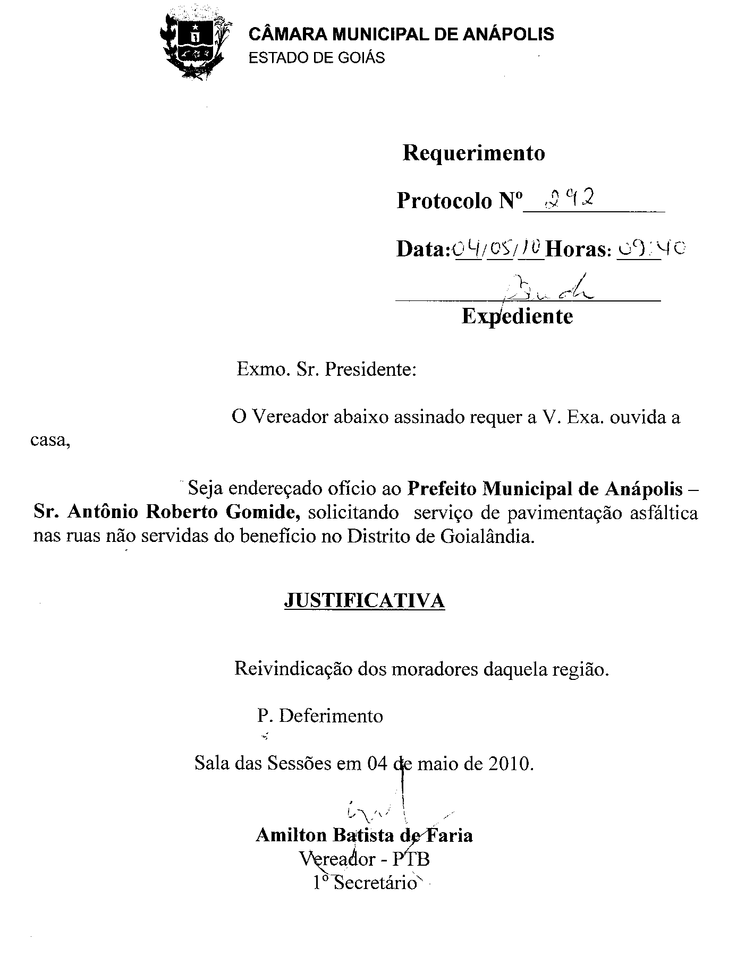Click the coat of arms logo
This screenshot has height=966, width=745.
tap(194, 46)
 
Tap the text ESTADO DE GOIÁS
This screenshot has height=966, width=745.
tap(317, 57)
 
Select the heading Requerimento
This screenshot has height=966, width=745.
tap(473, 153)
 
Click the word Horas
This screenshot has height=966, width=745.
tap(578, 249)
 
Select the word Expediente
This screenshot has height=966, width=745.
tap(517, 316)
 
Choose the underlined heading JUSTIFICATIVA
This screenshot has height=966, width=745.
tap(365, 600)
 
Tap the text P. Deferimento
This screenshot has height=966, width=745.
tap(320, 716)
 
